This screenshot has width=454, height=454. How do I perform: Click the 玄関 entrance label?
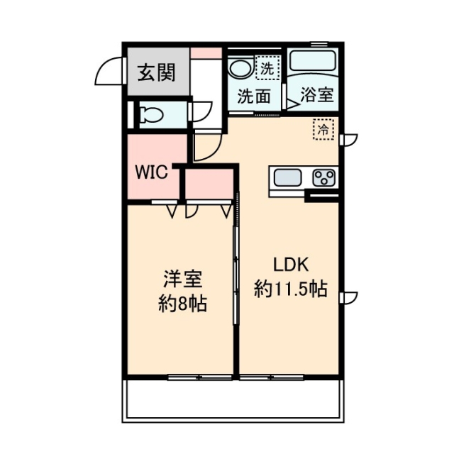click(x=156, y=72)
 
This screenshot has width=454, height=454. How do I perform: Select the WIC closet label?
click(x=152, y=172)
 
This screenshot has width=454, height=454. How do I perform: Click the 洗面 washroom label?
click(x=253, y=95)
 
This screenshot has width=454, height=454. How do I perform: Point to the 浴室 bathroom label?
click(x=317, y=95)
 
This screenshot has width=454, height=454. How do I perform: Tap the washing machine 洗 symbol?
click(x=268, y=69)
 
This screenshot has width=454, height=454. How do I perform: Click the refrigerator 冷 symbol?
click(x=323, y=130)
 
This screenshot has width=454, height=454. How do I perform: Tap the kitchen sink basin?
click(x=289, y=177)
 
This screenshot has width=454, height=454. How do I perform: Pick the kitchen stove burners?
click(x=325, y=177)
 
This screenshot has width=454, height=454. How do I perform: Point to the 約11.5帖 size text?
click(x=291, y=289)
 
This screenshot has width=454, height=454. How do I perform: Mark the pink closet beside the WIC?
click(x=210, y=186)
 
